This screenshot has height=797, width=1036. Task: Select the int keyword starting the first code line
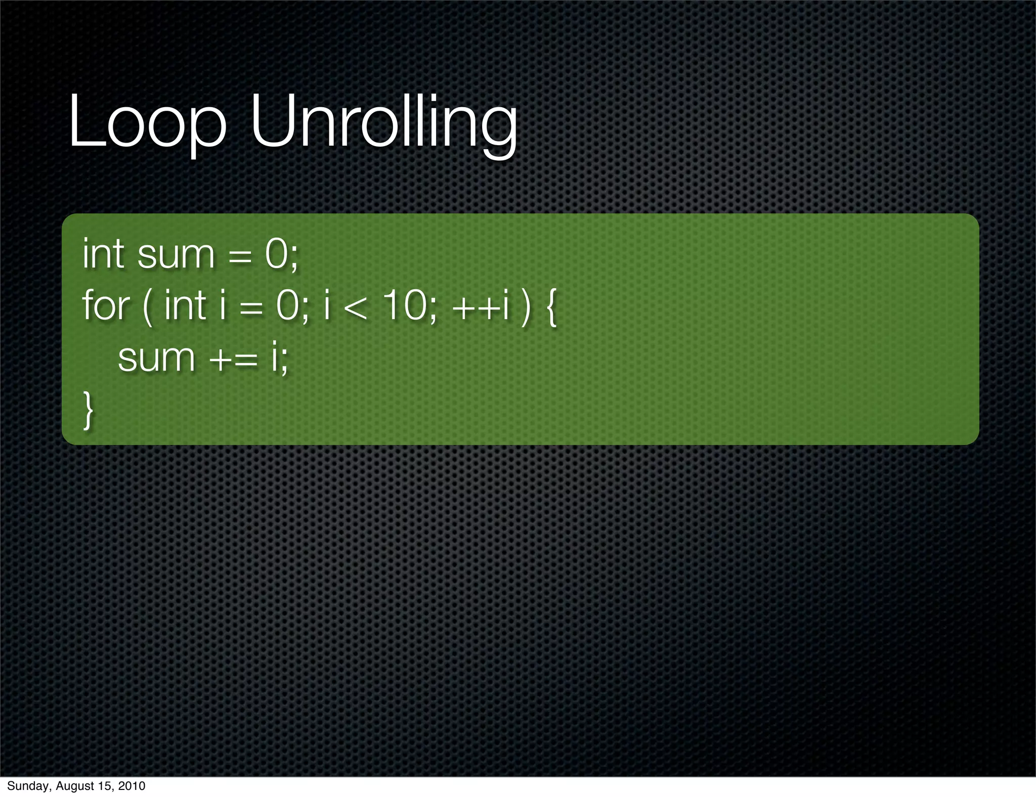[103, 253]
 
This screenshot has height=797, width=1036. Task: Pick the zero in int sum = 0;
[276, 254]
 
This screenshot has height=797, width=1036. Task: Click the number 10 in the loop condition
[404, 306]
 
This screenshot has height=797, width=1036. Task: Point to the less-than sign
[356, 307]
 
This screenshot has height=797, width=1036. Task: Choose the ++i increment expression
[481, 306]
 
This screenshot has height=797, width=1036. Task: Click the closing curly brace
[88, 411]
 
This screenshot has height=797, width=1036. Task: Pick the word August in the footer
[73, 786]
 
